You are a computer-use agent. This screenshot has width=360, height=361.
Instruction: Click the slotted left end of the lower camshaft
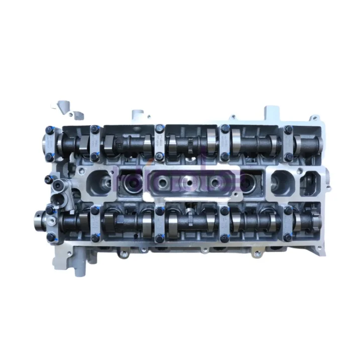tap(39, 219)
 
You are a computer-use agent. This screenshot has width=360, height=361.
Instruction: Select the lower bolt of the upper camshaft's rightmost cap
tap(288, 156)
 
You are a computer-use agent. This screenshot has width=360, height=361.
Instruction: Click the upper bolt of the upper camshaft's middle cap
tap(160, 128)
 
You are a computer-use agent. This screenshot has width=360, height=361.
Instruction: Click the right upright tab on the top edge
tap(272, 111)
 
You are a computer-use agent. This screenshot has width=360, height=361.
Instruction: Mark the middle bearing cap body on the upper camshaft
tap(160, 142)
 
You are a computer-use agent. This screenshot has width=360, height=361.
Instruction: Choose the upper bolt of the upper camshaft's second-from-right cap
tap(224, 129)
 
